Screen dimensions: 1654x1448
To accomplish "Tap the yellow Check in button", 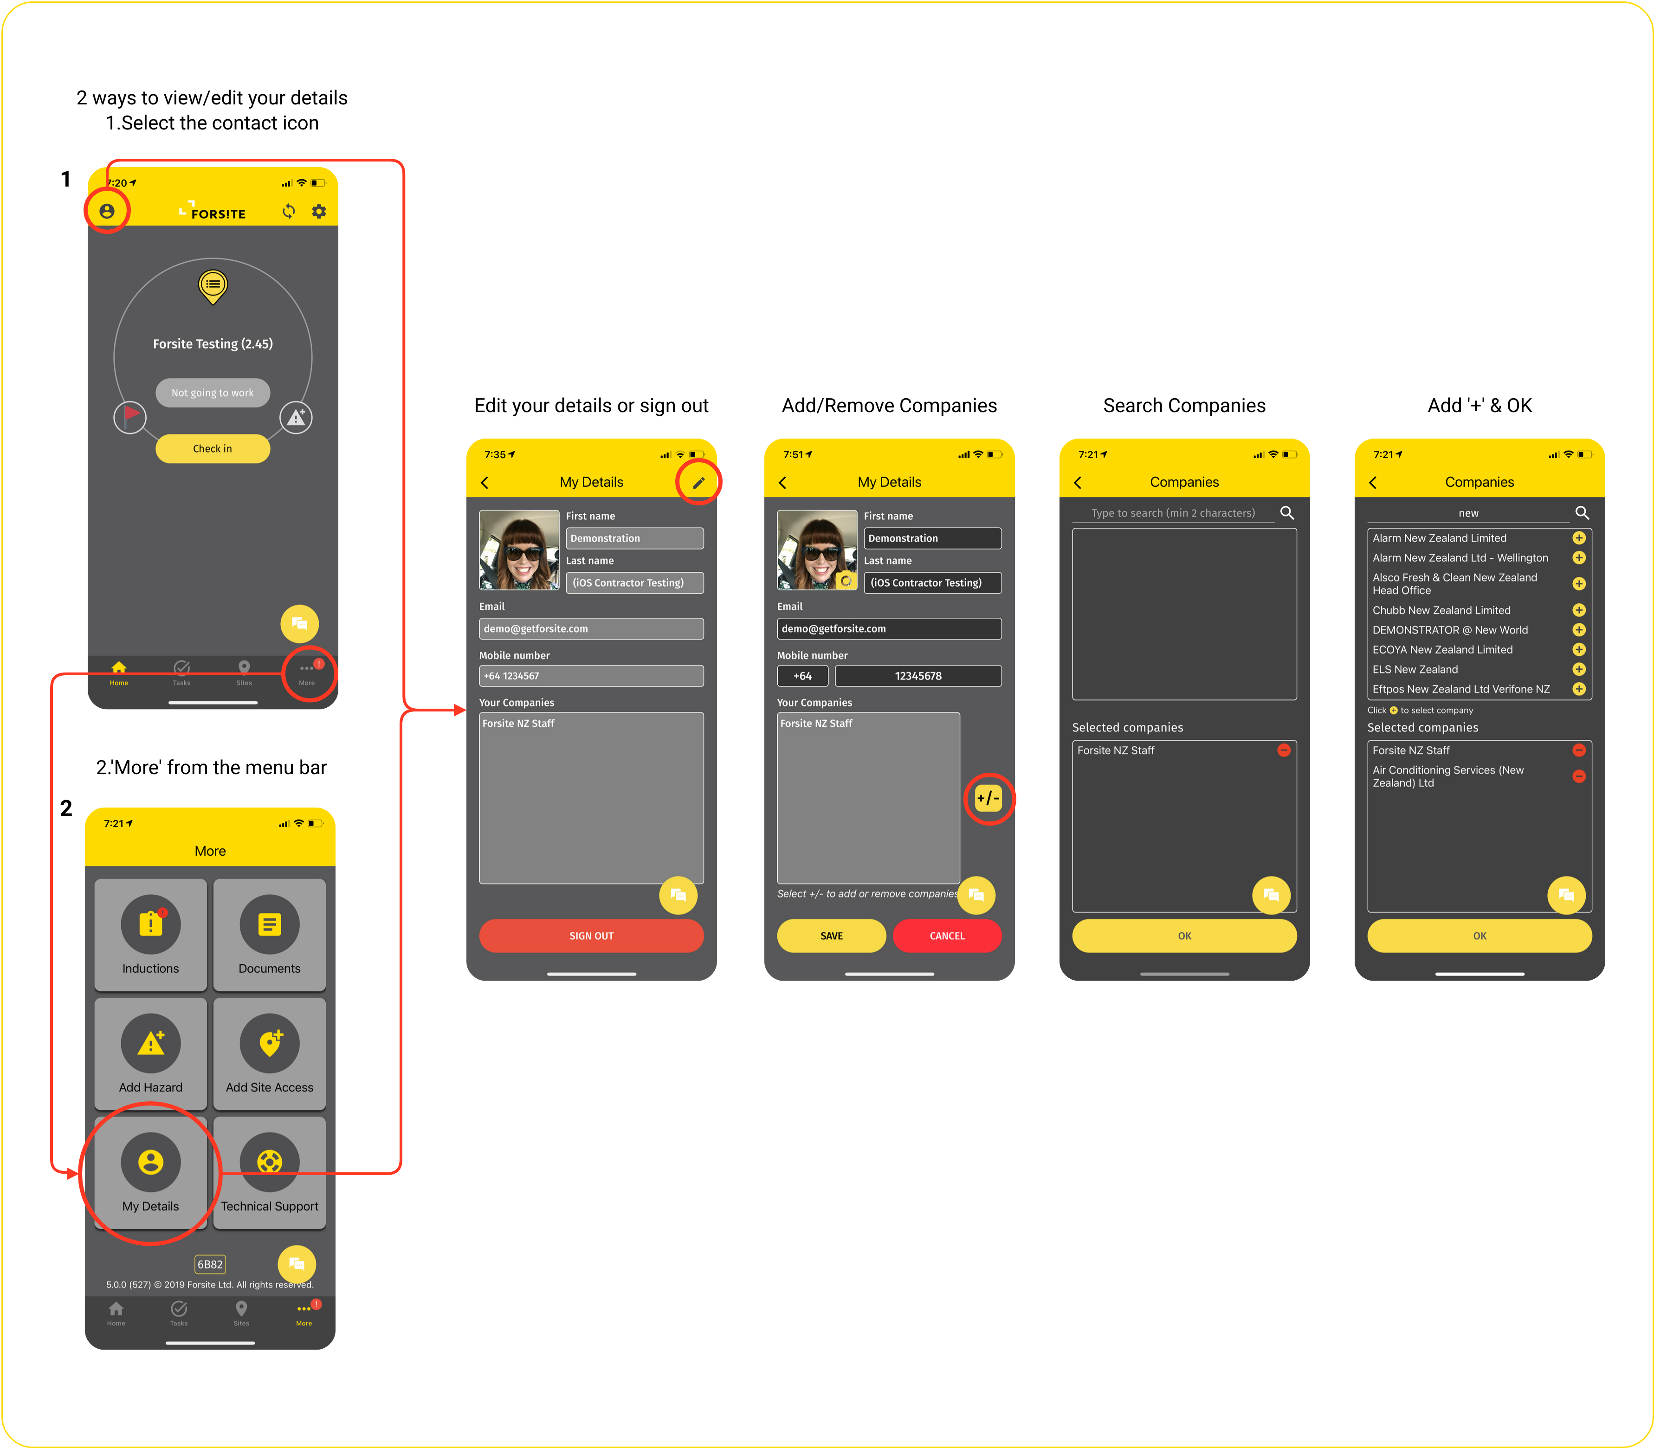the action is pos(213,448).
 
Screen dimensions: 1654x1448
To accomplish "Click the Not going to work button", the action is pos(213,393).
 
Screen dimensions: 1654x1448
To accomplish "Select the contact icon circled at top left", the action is pos(107,211).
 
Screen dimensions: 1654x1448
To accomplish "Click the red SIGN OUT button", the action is pos(591,936).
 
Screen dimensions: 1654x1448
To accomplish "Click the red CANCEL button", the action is pos(947,936).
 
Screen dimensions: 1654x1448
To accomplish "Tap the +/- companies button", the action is pos(988,798).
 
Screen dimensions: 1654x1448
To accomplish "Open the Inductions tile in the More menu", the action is pos(150,935).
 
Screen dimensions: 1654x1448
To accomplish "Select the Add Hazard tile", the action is pos(150,1054).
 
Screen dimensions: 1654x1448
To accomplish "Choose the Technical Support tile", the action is pos(270,1172).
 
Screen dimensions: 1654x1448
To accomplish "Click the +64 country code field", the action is pos(802,676).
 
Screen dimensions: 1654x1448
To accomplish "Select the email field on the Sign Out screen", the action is pos(591,629).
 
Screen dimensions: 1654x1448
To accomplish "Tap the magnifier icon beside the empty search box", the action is pos(1287,512).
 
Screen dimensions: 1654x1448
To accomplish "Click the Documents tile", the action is pos(270,935).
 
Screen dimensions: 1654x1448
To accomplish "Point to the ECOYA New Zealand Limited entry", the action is pos(1442,650).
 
